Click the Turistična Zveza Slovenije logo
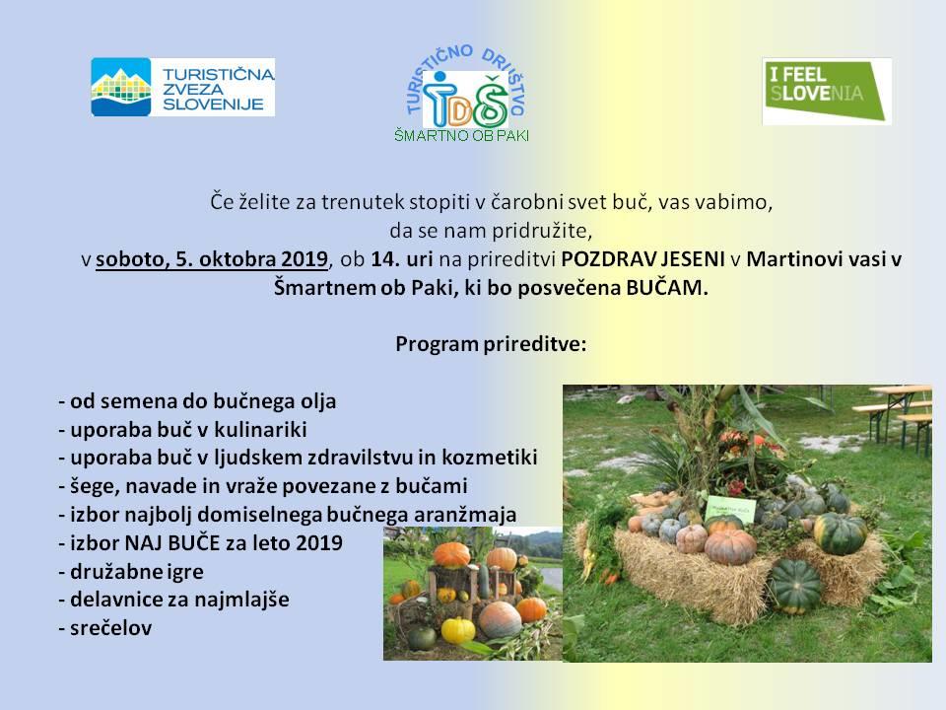click(x=183, y=87)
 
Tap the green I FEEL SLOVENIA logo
click(x=827, y=91)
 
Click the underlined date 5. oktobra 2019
click(x=251, y=259)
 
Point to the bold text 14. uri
click(x=402, y=259)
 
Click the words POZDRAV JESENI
click(x=642, y=259)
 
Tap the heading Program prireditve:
click(x=491, y=344)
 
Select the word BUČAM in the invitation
click(x=667, y=287)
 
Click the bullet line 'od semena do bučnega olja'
click(x=197, y=401)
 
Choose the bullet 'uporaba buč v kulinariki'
click(x=183, y=429)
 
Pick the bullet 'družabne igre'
click(x=131, y=571)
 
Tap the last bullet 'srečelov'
click(x=105, y=628)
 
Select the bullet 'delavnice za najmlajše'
click(x=173, y=600)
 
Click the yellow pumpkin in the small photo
click(x=458, y=630)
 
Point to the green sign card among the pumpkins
click(x=730, y=510)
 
